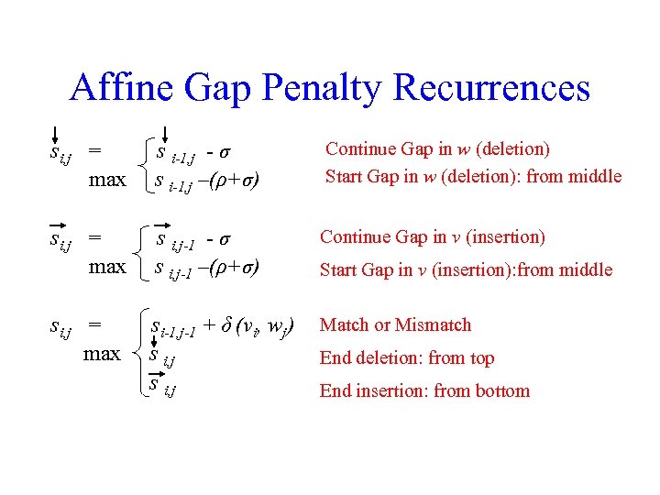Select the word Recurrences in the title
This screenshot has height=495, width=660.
[x=491, y=89]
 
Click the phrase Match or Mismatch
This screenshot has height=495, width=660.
[x=395, y=325]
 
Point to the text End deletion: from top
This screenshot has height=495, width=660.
[x=407, y=358]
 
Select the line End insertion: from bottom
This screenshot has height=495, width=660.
[x=424, y=391]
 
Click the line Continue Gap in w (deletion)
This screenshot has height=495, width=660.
[x=437, y=148]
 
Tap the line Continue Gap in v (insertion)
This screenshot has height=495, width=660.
[x=432, y=237]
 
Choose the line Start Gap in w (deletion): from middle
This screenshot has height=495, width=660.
[x=474, y=176]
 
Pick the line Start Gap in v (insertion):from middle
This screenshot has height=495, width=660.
[x=466, y=269]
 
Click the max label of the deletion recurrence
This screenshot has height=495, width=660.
[x=107, y=180]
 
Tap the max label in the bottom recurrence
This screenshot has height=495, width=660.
[x=102, y=354]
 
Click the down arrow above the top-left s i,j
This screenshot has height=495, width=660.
[x=56, y=137]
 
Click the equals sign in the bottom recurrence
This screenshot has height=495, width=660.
[x=94, y=325]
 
